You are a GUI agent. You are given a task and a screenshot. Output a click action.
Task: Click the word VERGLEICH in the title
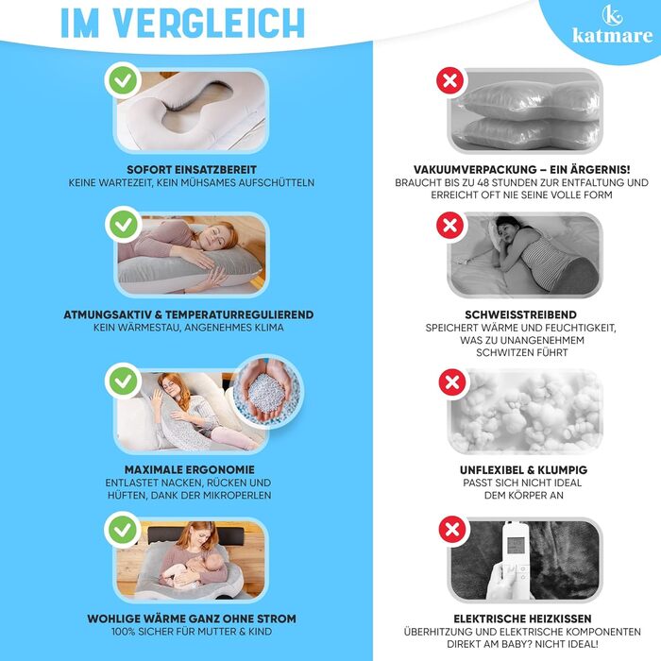click(x=209, y=24)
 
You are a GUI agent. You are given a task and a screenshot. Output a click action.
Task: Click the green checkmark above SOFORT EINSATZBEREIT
click(x=123, y=80)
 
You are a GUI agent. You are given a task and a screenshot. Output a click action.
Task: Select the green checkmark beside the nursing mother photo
click(x=123, y=530)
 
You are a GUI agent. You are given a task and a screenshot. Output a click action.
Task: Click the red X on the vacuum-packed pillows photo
click(x=450, y=80)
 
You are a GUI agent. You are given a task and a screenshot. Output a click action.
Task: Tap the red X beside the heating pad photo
click(x=452, y=529)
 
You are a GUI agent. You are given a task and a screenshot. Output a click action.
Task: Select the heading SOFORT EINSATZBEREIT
click(x=192, y=170)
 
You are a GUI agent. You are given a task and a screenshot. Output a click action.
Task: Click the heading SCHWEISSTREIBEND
click(x=520, y=314)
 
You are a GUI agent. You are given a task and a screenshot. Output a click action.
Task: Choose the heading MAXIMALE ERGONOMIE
click(x=190, y=470)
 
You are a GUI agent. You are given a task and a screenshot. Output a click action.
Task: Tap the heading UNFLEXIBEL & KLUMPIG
click(x=523, y=470)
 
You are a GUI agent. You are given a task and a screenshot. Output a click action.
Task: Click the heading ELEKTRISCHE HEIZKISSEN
click(x=522, y=619)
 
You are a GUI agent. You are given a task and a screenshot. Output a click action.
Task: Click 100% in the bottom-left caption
click(x=124, y=632)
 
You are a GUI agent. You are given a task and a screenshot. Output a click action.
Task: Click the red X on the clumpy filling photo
click(x=452, y=382)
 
